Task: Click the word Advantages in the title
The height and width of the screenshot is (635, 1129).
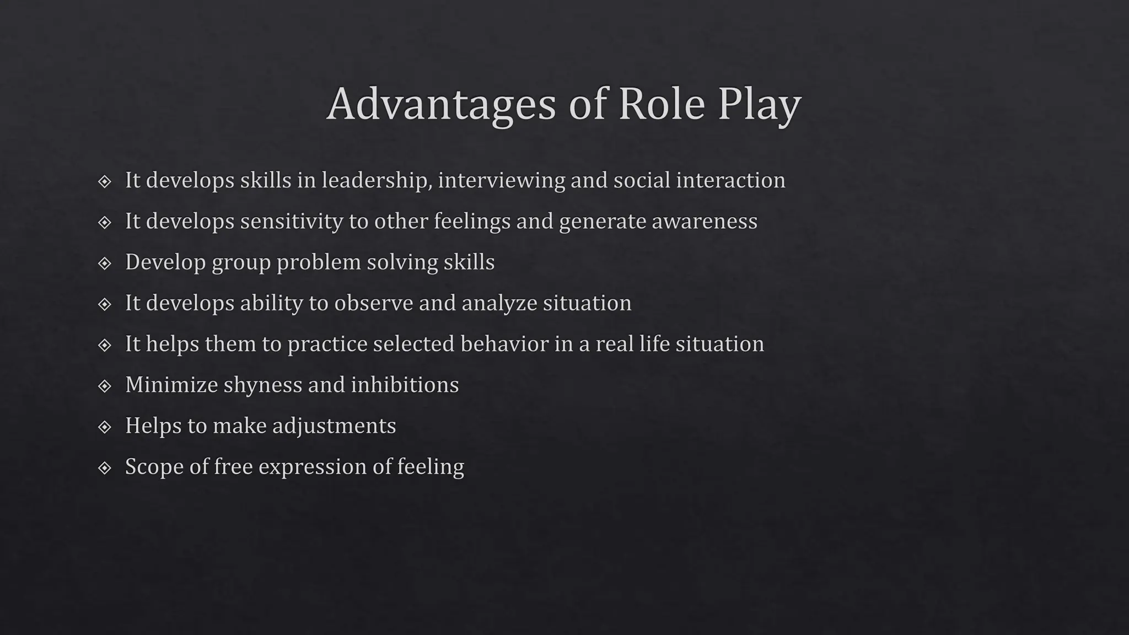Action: (x=441, y=105)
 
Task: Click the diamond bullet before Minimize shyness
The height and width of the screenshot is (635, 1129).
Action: (x=104, y=386)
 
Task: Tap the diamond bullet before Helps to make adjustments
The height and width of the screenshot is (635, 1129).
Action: (x=104, y=427)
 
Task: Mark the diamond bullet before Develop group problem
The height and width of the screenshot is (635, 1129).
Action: (x=104, y=263)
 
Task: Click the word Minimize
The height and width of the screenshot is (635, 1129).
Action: (x=171, y=385)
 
